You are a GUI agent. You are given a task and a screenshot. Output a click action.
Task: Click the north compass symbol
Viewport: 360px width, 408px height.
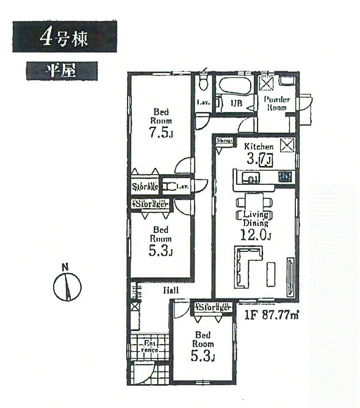click(68, 286)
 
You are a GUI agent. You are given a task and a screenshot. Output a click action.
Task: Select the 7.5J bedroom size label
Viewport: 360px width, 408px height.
click(162, 133)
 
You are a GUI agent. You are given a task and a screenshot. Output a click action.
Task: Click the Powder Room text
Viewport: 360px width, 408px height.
click(277, 104)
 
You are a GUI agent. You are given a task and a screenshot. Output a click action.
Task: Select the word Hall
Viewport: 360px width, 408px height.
click(170, 292)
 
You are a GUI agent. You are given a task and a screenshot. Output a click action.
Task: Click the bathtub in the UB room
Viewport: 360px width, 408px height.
click(233, 87)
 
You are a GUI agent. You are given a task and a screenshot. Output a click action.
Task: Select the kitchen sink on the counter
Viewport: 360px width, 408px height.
click(251, 177)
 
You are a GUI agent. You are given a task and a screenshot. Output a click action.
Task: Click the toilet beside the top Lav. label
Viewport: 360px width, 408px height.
click(204, 84)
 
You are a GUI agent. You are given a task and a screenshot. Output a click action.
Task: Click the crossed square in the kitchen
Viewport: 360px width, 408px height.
click(287, 146)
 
